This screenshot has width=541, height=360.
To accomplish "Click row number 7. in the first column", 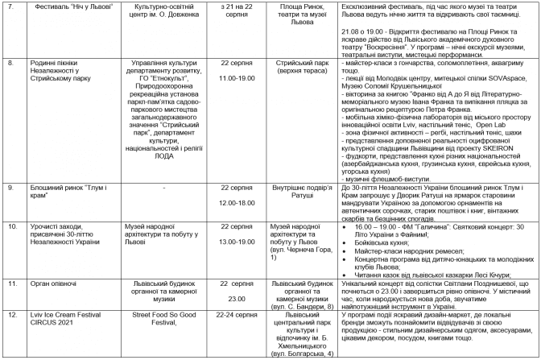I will pyautogui.click(x=10, y=5).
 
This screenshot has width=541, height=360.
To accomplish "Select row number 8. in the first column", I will pyautogui.click(x=10, y=61).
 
